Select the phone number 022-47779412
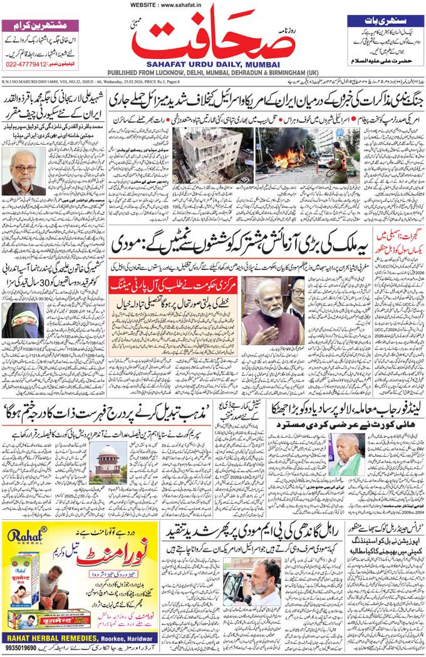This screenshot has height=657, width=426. tap(31, 64)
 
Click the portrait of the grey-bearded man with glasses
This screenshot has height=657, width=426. tap(23, 173)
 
